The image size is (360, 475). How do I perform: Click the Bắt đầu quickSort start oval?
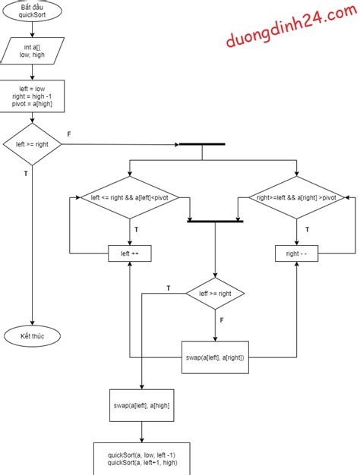pos(32,11)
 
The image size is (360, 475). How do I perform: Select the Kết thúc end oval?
pos(32,335)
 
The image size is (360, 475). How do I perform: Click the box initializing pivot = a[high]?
pos(32,96)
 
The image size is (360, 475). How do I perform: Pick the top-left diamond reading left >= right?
pos(32,144)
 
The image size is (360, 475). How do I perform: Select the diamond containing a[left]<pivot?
pos(129,197)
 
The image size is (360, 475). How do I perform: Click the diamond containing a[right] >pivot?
pos(297,197)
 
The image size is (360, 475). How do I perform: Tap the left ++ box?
pos(129,253)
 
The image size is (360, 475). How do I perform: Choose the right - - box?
pos(297,253)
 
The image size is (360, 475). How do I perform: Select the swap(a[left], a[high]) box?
pos(141,406)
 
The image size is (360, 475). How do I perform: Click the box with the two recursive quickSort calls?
pos(141,458)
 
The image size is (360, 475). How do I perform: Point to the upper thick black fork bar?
pos(201,144)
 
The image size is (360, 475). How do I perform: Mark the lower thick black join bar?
pos(215,221)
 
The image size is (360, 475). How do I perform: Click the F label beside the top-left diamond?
pos(69,134)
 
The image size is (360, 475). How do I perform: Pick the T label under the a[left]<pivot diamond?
pos(136,228)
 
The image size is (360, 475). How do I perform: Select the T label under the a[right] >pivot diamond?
pos(306,228)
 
